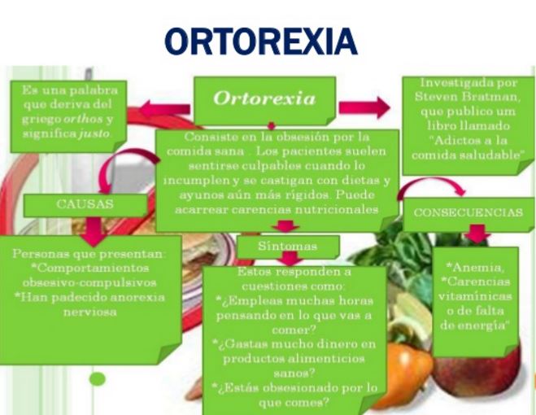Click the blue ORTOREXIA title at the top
[x=261, y=41]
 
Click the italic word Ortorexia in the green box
[x=264, y=98]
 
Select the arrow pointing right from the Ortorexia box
[x=364, y=107]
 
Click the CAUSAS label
[x=85, y=204]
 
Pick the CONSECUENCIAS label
[x=468, y=212]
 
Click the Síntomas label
[x=287, y=246]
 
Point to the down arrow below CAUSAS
[x=94, y=232]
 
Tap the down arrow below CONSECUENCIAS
[x=477, y=234]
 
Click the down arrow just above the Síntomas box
[x=285, y=226]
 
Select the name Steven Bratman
[x=468, y=97]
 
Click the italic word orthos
[x=83, y=119]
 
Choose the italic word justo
[x=94, y=133]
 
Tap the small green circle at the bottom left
[x=98, y=379]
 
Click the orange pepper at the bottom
[x=405, y=373]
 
